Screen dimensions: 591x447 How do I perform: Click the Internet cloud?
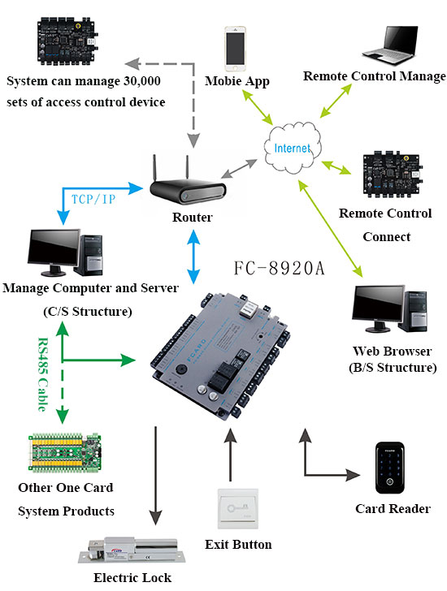[x=292, y=148]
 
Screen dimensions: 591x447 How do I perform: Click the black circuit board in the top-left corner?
[x=66, y=38]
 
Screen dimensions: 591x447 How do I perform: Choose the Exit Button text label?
[x=238, y=544]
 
